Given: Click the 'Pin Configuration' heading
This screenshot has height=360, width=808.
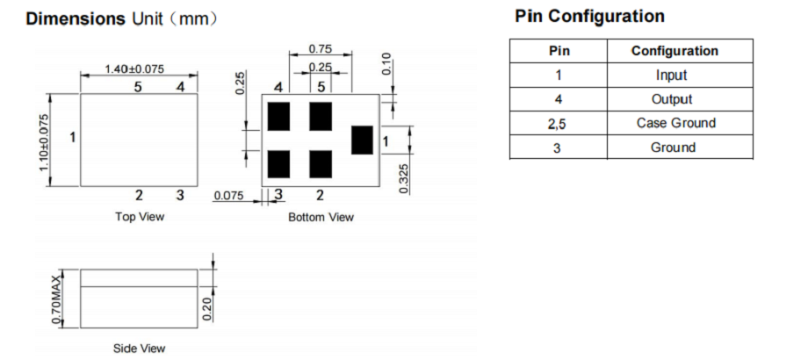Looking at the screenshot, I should click(x=589, y=17).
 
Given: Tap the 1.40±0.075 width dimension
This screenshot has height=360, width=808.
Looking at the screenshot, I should click(x=134, y=69).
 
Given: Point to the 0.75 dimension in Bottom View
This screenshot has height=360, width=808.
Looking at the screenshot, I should click(x=321, y=49).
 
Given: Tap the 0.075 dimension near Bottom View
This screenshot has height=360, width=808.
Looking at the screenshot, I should click(x=228, y=195).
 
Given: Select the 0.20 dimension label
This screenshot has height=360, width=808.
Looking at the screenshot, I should click(x=207, y=308).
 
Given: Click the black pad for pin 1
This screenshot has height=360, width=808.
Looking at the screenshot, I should click(x=362, y=140).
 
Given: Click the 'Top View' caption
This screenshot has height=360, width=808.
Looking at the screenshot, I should click(x=139, y=217).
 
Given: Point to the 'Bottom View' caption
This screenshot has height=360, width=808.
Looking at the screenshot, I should click(x=321, y=217).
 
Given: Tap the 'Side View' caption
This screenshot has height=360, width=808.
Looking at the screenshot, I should click(x=139, y=349).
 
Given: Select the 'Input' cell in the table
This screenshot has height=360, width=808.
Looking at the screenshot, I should click(x=671, y=76).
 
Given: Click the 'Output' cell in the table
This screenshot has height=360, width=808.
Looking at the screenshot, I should click(x=671, y=99).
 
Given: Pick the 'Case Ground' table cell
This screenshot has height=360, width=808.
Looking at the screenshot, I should click(x=675, y=123).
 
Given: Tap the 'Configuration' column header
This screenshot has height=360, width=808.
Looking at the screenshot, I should click(x=675, y=51).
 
